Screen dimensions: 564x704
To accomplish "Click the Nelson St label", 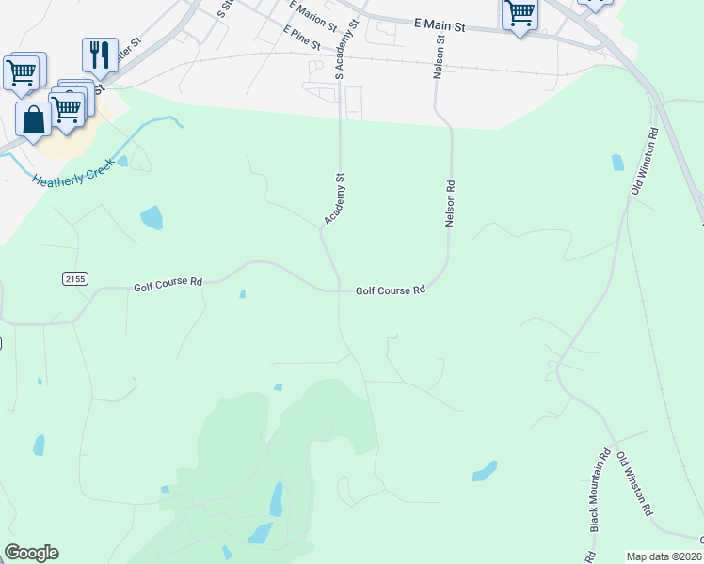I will point(439,59).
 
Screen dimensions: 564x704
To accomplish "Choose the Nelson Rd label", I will point(450,203).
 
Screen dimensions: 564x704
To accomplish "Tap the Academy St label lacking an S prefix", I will point(335,198).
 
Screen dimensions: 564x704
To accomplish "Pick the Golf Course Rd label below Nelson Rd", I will point(391,290).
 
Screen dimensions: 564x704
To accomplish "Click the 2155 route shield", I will point(75,278).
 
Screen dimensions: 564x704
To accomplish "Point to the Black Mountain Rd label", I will point(597,495).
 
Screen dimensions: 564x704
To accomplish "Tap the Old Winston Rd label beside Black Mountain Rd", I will point(635,483).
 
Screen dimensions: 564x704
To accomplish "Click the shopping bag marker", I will point(34,119).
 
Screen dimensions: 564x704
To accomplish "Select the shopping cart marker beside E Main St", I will point(520,14).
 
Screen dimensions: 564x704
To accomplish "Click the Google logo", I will point(31,553).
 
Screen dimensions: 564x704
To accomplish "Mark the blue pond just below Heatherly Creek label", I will point(151,218).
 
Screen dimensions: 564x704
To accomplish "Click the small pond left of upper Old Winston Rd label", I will point(617,162).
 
